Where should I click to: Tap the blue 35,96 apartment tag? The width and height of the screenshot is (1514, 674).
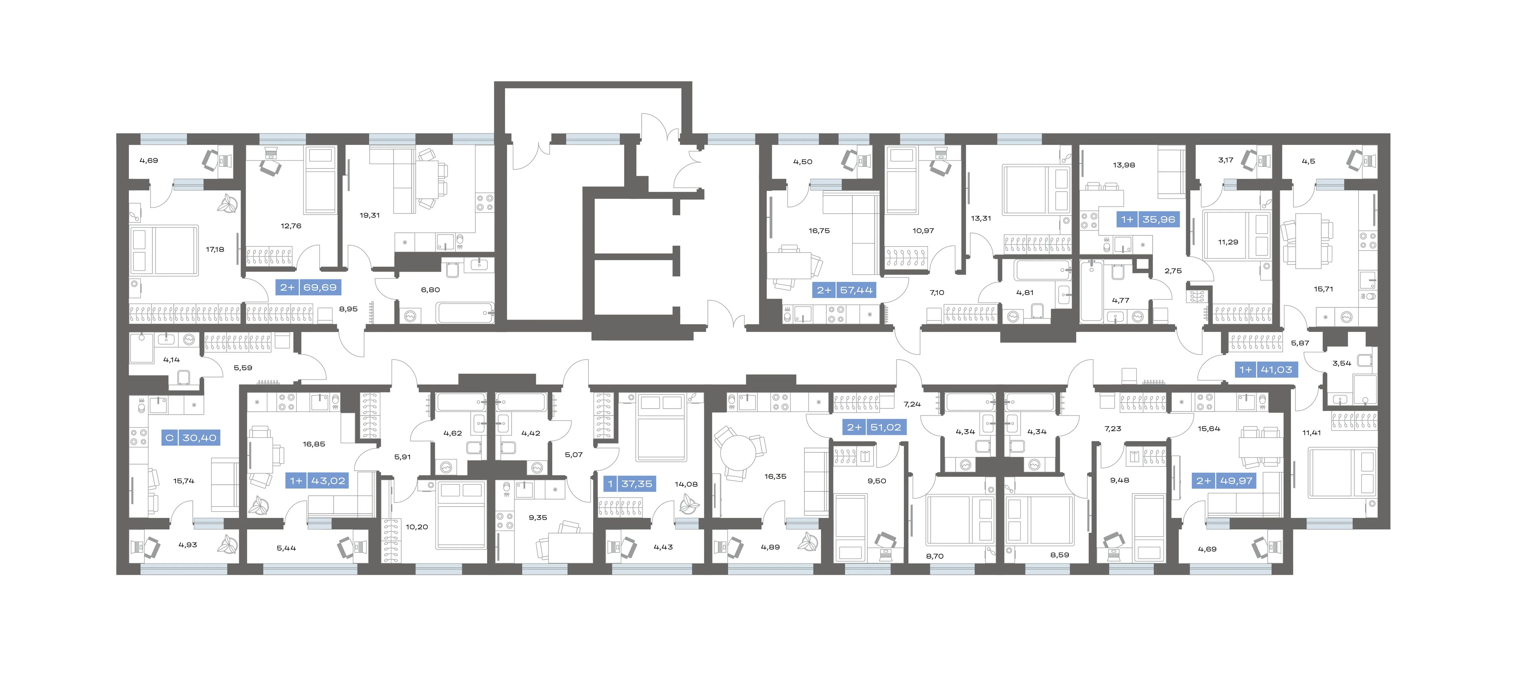click(x=1148, y=219)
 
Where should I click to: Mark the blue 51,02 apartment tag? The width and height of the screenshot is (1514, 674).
click(x=874, y=427)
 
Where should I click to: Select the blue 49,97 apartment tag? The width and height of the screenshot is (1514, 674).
click(x=1225, y=481)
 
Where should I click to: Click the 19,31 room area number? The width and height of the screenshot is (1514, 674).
click(x=370, y=215)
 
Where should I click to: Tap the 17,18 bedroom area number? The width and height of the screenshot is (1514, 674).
click(x=215, y=249)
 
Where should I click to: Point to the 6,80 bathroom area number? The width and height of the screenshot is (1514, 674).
click(x=430, y=290)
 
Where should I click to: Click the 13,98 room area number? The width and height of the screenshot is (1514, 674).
click(x=1124, y=165)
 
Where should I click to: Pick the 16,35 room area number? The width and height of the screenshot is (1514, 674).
click(x=775, y=477)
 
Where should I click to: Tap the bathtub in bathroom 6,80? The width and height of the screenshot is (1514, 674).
click(x=464, y=312)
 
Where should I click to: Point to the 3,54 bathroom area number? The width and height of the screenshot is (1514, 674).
click(x=1342, y=363)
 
